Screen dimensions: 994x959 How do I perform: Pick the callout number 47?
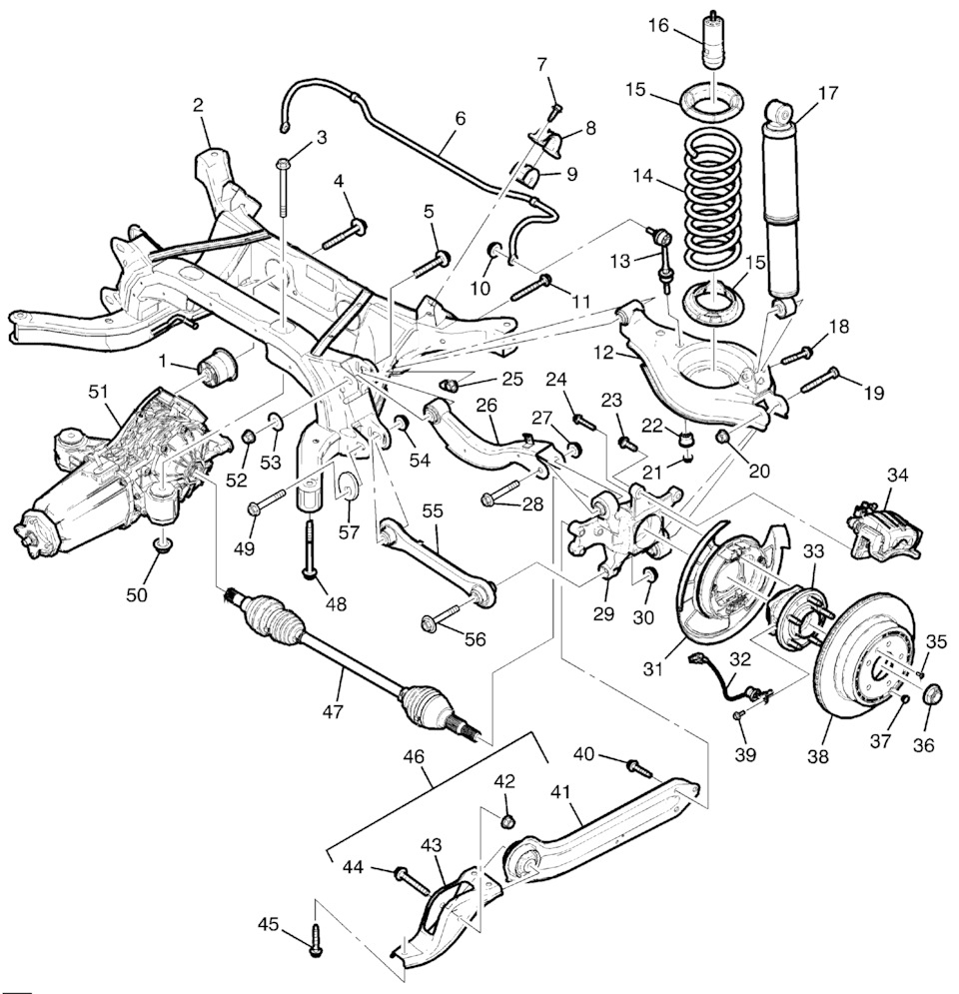pos(333,712)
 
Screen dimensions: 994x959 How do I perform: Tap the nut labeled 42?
pos(507,820)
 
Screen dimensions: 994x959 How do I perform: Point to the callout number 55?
pos(431,510)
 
